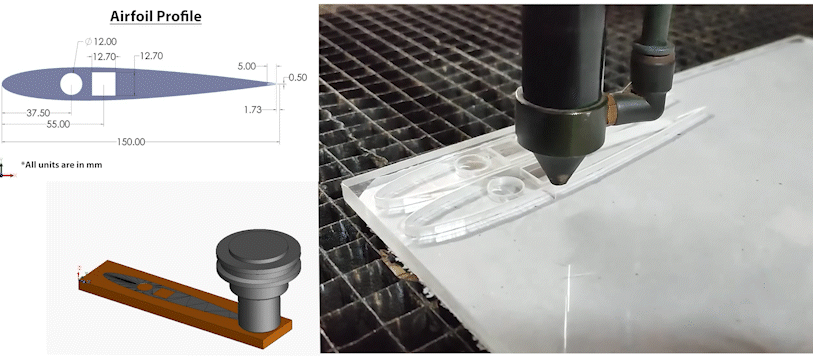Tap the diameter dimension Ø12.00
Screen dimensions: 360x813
(102, 41)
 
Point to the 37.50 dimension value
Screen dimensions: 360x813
(39, 112)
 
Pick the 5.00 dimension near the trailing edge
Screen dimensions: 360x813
(246, 65)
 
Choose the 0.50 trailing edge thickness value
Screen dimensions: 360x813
(297, 77)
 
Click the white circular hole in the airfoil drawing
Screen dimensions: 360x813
(72, 83)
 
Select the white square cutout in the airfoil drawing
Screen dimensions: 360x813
(104, 83)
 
